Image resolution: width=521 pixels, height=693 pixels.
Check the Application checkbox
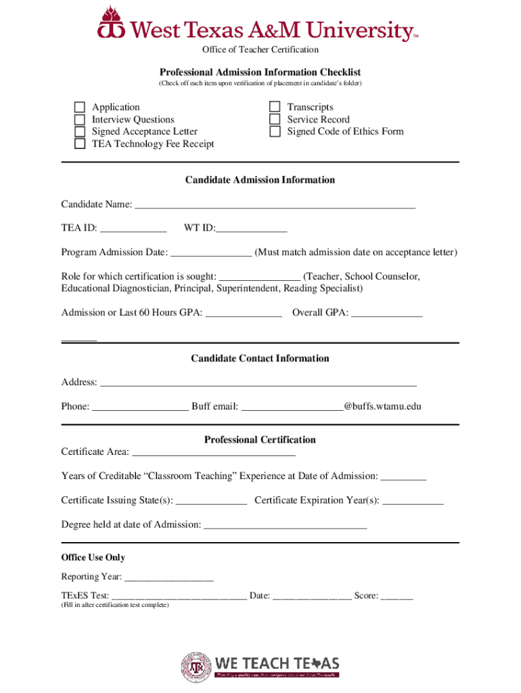pyautogui.click(x=80, y=107)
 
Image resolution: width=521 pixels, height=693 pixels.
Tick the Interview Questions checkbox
pyautogui.click(x=80, y=119)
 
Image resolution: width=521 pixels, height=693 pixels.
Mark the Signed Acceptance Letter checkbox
pyautogui.click(x=80, y=131)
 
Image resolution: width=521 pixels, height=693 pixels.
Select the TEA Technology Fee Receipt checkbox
pyautogui.click(x=80, y=143)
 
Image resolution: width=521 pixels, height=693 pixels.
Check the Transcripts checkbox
pyautogui.click(x=275, y=107)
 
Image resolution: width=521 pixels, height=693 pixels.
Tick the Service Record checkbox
pyautogui.click(x=275, y=119)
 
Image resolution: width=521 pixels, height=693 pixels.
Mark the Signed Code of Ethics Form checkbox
pyautogui.click(x=275, y=131)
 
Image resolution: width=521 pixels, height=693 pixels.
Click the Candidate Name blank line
pyautogui.click(x=275, y=204)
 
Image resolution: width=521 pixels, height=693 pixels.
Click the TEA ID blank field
pyautogui.click(x=133, y=228)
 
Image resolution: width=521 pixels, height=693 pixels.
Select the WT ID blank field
pyautogui.click(x=251, y=228)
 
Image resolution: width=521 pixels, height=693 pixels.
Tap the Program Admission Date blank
pyautogui.click(x=211, y=252)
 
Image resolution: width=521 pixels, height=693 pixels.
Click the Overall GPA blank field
pyautogui.click(x=387, y=312)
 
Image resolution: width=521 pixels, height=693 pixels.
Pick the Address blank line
pyautogui.click(x=258, y=382)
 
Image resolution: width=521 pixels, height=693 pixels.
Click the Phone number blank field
pyautogui.click(x=140, y=406)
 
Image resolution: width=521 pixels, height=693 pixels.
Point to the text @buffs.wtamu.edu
pyautogui.click(x=383, y=406)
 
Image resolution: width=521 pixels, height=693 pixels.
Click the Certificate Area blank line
pyautogui.click(x=213, y=451)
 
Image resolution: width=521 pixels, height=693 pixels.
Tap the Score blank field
pyautogui.click(x=397, y=596)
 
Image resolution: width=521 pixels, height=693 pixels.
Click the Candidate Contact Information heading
pyautogui.click(x=260, y=358)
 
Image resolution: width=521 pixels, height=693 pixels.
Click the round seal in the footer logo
pyautogui.click(x=196, y=666)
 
